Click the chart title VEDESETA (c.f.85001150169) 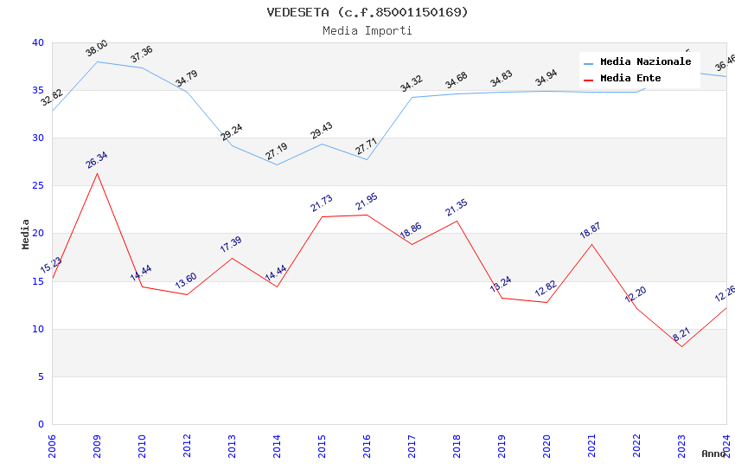coord(367,12)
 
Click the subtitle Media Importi coord(367,30)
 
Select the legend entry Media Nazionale coord(645,62)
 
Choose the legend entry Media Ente coord(630,79)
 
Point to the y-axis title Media coord(26,234)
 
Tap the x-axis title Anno coord(713,453)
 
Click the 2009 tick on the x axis coord(97,443)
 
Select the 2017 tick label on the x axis coord(412,443)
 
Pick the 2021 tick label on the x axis coord(591,443)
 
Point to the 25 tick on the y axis coord(38,186)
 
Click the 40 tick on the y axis coord(38,43)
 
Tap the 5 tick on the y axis coord(41,376)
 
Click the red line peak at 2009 coord(97,173)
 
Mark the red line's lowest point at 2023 coord(681,346)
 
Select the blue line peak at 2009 coord(97,61)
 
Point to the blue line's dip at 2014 coord(277,164)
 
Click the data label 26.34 coord(97,159)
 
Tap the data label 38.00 coord(97,48)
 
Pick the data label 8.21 coord(681,334)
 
